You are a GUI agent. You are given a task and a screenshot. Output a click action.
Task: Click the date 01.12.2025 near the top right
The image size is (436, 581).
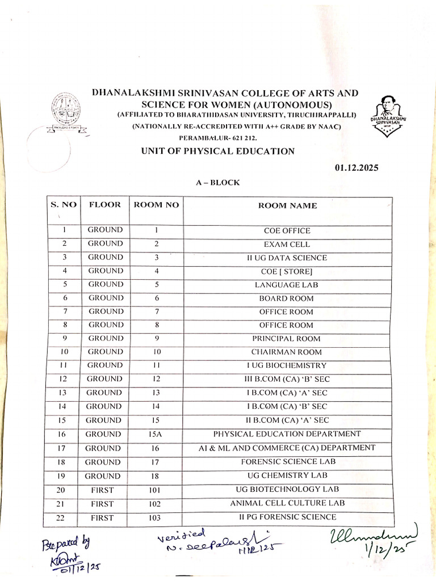[x=356, y=167]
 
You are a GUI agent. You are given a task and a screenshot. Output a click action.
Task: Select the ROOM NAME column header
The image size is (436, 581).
[x=287, y=205]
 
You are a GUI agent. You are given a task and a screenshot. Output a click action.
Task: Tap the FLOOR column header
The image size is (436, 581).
[x=104, y=205]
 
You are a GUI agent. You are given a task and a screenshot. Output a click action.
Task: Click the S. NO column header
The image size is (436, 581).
[x=64, y=205]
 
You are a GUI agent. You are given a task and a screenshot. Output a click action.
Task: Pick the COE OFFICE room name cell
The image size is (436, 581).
[x=287, y=231]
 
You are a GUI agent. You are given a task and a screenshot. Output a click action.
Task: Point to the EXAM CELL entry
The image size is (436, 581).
[x=287, y=245]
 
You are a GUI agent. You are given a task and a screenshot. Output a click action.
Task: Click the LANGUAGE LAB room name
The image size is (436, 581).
[x=287, y=285]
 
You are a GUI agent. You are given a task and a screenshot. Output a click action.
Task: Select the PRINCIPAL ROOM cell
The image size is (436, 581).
[x=287, y=339]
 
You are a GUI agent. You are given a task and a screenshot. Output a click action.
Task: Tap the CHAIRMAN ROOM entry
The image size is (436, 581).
[x=287, y=352]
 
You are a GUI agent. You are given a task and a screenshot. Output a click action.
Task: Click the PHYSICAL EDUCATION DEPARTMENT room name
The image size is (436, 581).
[x=287, y=434]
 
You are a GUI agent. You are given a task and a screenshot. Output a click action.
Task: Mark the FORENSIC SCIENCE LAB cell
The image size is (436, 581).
[x=287, y=462]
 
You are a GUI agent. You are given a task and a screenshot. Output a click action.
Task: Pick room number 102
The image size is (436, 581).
[x=156, y=504]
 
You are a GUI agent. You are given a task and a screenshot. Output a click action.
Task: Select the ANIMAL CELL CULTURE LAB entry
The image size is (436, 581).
[x=287, y=503]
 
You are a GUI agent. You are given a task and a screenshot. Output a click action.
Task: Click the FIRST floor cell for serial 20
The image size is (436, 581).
[x=102, y=490]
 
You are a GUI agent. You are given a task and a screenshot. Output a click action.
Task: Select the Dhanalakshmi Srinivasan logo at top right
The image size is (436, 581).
[x=385, y=116]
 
